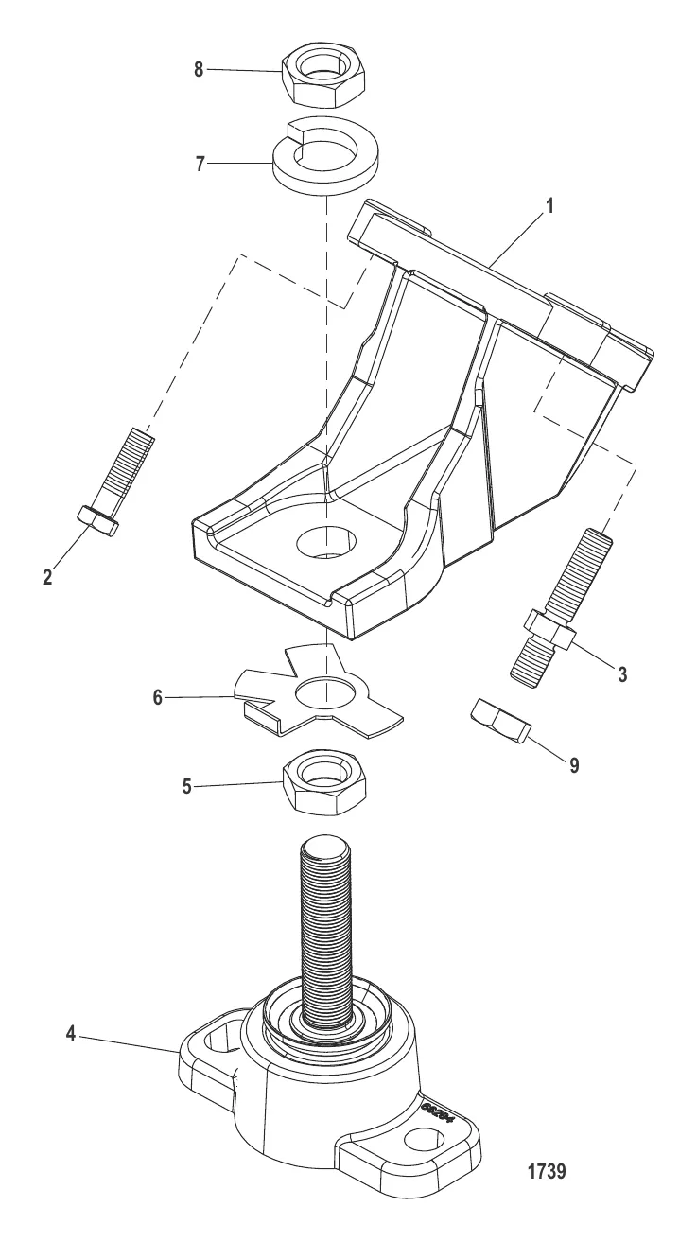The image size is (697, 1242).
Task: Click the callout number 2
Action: point(47,574)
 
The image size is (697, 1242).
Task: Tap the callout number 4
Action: point(70,1037)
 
